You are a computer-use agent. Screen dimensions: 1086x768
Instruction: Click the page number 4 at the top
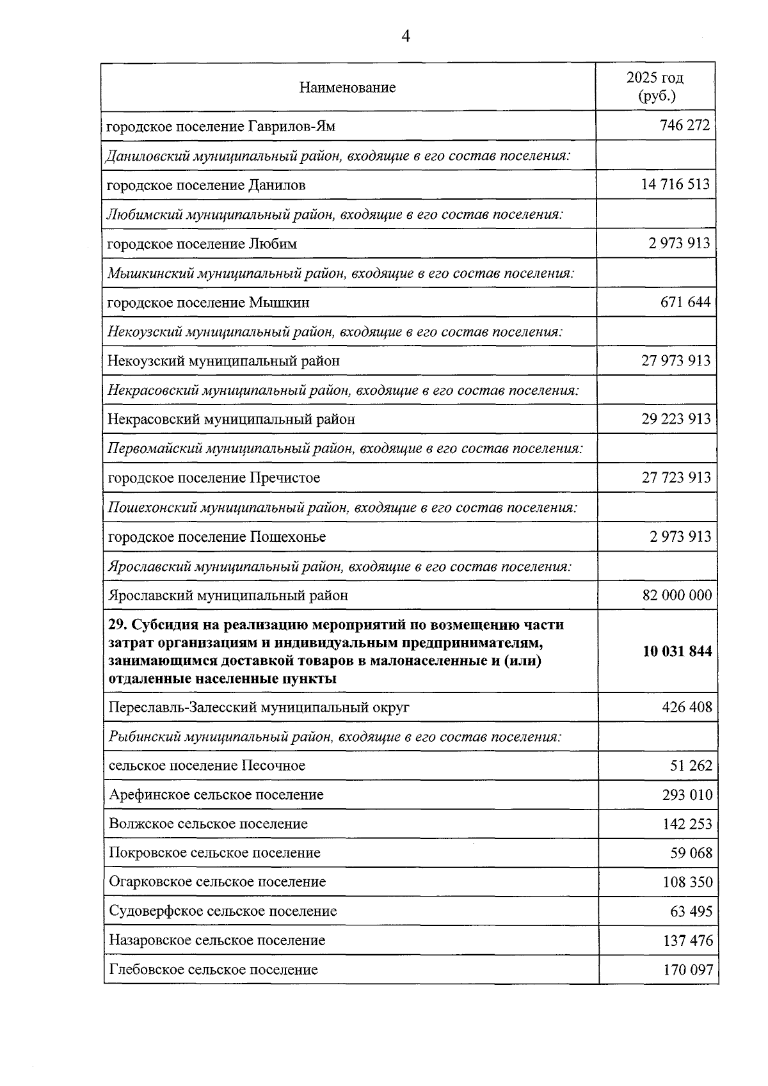pyautogui.click(x=404, y=36)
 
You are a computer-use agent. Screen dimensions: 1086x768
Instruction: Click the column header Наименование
pyautogui.click(x=347, y=88)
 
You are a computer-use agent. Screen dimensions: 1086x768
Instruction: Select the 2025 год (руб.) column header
pyautogui.click(x=655, y=87)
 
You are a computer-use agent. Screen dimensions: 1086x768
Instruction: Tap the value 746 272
pyautogui.click(x=684, y=125)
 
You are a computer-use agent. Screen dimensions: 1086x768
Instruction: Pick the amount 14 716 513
pyautogui.click(x=675, y=184)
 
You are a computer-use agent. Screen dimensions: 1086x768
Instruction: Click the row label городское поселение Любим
pyautogui.click(x=202, y=244)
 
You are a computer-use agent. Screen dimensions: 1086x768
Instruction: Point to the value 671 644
pyautogui.click(x=685, y=302)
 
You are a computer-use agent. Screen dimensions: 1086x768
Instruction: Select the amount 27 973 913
pyautogui.click(x=676, y=361)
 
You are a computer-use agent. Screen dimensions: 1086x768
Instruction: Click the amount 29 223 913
pyautogui.click(x=676, y=419)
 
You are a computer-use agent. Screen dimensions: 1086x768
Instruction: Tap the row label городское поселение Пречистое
pyautogui.click(x=214, y=478)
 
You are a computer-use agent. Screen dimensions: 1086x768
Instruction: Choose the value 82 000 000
pyautogui.click(x=676, y=595)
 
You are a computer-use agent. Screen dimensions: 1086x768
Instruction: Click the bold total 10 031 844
pyautogui.click(x=677, y=651)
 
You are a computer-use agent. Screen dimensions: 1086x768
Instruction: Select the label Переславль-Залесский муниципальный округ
pyautogui.click(x=259, y=708)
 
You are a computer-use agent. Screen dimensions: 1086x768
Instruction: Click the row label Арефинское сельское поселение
pyautogui.click(x=216, y=795)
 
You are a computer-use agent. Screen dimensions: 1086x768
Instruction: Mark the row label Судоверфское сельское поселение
pyautogui.click(x=223, y=911)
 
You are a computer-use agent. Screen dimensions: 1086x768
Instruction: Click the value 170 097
pyautogui.click(x=687, y=970)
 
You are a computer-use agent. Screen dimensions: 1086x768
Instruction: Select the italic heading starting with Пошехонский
pyautogui.click(x=343, y=508)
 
